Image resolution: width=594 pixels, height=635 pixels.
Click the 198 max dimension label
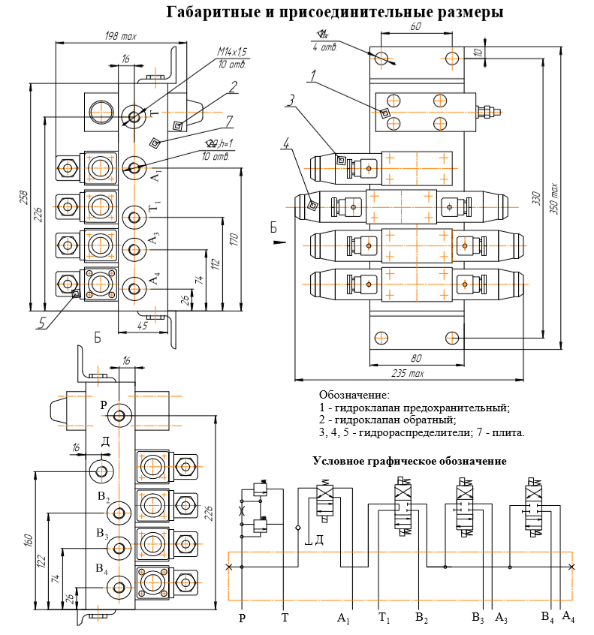coord(121,37)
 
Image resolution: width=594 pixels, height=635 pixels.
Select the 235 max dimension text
coord(408,373)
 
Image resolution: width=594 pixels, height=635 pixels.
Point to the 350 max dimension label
coord(554,199)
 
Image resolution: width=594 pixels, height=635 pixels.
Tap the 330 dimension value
coord(536,198)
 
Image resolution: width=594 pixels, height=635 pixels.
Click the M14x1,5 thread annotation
coord(232,52)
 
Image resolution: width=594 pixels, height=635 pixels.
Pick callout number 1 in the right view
coord(313,76)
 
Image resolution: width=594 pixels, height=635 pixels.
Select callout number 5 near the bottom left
coord(42,323)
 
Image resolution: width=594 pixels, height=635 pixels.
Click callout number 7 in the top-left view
coord(229,121)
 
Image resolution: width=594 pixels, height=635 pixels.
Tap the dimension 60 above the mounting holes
coord(416,27)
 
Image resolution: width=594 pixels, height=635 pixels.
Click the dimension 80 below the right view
coord(416,358)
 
